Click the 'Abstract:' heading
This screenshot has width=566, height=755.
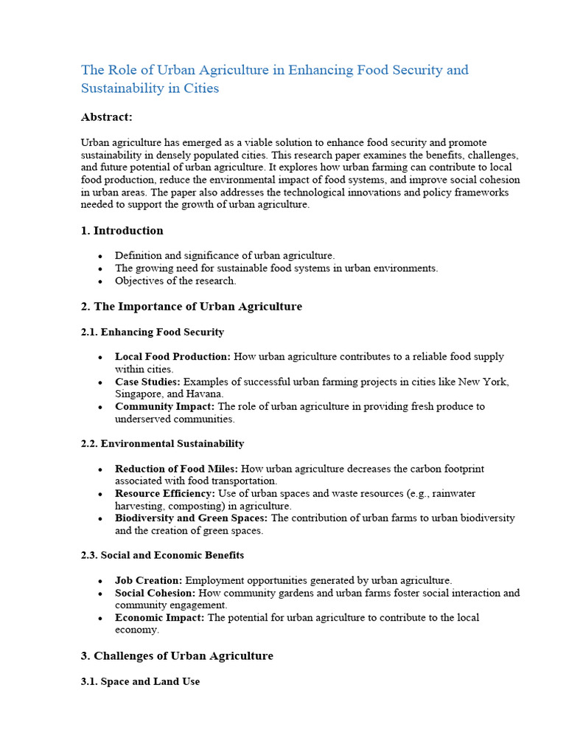[x=106, y=116]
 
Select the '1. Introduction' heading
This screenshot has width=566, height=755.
[x=122, y=231]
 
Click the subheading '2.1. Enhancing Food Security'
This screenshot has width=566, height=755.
[x=153, y=332]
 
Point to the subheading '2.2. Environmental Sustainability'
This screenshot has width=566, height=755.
[x=162, y=444]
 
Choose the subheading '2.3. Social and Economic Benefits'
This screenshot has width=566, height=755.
[x=162, y=554]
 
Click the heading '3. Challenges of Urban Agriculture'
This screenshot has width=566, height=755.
[x=177, y=655]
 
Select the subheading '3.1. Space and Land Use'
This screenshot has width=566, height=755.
[x=140, y=682]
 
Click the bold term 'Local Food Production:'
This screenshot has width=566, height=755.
[x=172, y=357]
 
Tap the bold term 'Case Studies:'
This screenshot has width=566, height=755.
[x=147, y=382]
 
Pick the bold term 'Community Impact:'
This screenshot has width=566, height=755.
[x=165, y=406]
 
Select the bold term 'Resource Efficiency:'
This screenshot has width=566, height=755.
[x=165, y=493]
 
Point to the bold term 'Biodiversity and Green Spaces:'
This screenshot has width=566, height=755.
[x=192, y=518]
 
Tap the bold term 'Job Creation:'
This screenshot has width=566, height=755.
[x=148, y=580]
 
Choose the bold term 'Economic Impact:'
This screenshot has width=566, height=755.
[x=160, y=617]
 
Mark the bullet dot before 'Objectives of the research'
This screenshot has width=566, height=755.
[x=99, y=282]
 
